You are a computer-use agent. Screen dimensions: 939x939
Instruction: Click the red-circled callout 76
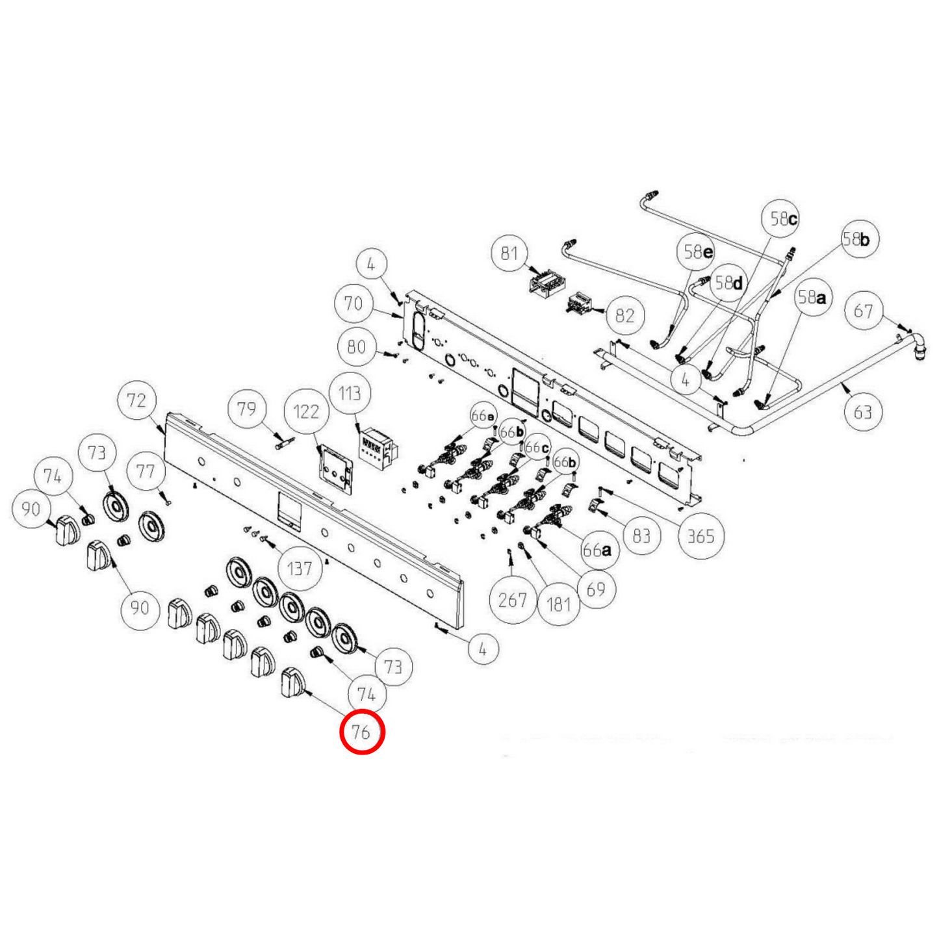point(362,732)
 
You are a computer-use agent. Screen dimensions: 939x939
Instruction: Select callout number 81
point(509,253)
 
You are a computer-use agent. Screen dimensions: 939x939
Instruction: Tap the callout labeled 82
point(624,315)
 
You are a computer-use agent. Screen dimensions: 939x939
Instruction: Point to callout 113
point(350,393)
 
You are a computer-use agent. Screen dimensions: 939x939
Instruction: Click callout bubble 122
point(306,411)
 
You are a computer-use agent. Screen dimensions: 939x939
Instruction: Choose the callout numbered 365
point(701,536)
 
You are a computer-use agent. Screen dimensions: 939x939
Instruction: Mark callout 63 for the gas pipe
point(862,411)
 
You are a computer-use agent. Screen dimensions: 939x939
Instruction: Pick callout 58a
point(812,298)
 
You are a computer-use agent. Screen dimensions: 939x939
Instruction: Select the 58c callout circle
point(782,219)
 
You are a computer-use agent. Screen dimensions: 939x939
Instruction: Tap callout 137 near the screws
point(300,569)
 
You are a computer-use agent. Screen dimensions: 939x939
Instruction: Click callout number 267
point(512,599)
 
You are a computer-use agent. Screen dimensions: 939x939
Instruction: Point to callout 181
point(558,604)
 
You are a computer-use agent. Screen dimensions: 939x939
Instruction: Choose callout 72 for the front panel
point(136,400)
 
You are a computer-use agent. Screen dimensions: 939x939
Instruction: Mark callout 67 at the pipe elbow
point(863,311)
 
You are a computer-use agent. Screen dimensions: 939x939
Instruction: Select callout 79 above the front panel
point(246,409)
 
